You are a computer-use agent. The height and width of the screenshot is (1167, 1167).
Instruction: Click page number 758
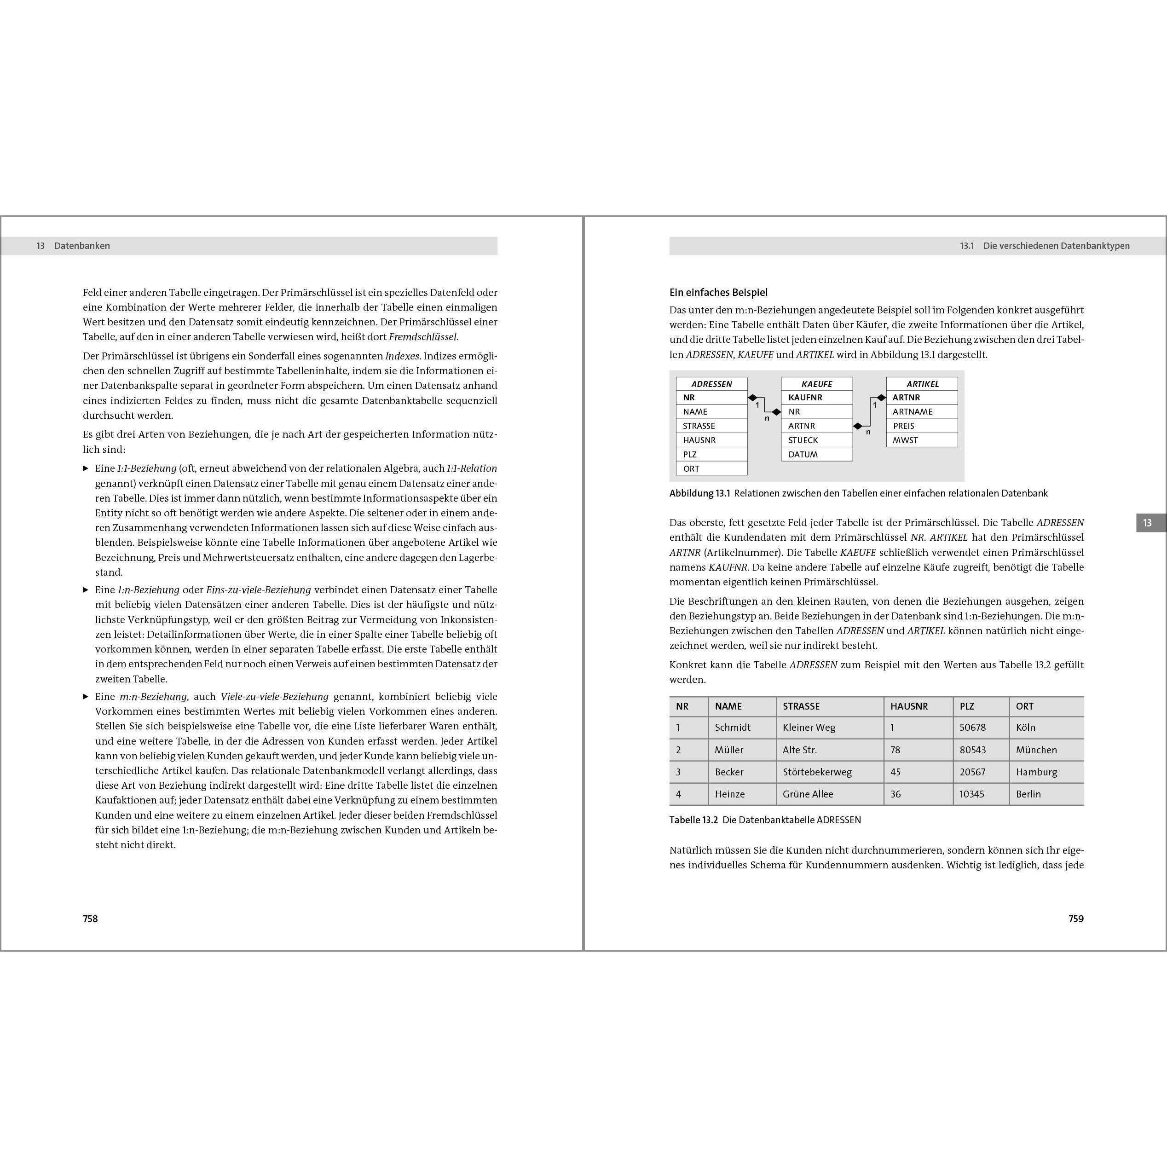90,919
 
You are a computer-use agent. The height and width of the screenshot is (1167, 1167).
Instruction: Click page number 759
1076,919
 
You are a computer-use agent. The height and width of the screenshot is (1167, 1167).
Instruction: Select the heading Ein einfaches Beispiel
718,292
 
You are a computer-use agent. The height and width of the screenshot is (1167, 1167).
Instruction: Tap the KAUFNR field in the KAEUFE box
805,398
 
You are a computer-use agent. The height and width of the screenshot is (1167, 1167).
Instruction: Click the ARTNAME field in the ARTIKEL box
913,411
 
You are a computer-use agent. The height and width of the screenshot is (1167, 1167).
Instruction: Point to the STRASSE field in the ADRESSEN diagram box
699,426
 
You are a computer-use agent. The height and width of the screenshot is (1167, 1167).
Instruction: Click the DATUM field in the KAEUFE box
803,454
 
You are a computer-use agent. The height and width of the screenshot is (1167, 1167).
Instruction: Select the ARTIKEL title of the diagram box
922,384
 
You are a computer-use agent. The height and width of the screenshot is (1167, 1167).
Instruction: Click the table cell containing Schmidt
733,727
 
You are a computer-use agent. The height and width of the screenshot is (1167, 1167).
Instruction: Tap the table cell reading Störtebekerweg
817,772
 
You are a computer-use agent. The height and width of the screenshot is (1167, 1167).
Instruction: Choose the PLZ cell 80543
972,750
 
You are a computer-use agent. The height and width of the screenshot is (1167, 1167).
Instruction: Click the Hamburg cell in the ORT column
1036,772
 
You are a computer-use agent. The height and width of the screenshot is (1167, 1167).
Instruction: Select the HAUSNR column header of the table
909,706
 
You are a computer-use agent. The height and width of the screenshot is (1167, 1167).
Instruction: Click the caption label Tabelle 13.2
693,820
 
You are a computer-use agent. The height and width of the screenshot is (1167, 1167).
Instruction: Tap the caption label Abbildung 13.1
700,493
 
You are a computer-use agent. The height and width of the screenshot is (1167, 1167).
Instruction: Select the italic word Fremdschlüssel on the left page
423,337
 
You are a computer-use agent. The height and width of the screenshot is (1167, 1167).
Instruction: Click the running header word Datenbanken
82,246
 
